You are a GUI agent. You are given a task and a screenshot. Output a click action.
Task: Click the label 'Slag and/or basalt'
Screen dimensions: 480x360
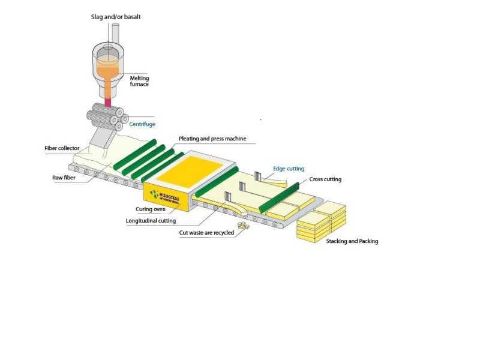[x=116, y=17]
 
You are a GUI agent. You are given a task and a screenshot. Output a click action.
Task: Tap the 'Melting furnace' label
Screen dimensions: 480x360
[x=139, y=81]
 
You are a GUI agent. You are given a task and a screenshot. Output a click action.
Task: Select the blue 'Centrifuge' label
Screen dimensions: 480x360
[x=142, y=124]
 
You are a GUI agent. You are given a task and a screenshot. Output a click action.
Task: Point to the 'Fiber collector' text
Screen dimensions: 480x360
[x=62, y=148]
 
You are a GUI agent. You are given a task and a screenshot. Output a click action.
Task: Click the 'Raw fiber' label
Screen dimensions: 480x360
[x=64, y=178]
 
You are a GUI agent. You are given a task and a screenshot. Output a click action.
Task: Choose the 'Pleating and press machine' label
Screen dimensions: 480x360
[x=212, y=139]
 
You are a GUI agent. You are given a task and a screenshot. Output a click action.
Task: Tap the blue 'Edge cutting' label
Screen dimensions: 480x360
[x=289, y=169]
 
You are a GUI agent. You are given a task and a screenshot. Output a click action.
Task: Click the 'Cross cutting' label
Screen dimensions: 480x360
[x=325, y=179]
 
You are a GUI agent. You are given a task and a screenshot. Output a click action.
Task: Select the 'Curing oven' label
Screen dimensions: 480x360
[x=151, y=209]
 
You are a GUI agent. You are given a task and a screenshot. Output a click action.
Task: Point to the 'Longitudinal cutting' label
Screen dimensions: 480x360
[x=151, y=221]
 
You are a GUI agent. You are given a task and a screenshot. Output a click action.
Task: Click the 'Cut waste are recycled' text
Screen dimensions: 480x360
[x=206, y=233]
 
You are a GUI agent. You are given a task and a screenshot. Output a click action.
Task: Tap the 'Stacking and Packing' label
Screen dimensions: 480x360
[x=352, y=241]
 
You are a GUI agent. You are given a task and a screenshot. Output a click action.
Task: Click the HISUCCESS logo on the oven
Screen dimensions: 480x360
[x=164, y=196]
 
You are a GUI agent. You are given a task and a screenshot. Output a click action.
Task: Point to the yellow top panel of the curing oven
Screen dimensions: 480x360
[x=190, y=171]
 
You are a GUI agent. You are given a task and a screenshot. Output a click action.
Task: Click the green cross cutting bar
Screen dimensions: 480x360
[x=279, y=198]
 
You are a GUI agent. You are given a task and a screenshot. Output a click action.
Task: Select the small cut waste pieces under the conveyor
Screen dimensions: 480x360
[x=244, y=226]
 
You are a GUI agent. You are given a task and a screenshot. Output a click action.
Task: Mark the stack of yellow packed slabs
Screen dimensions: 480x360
[x=322, y=221]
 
